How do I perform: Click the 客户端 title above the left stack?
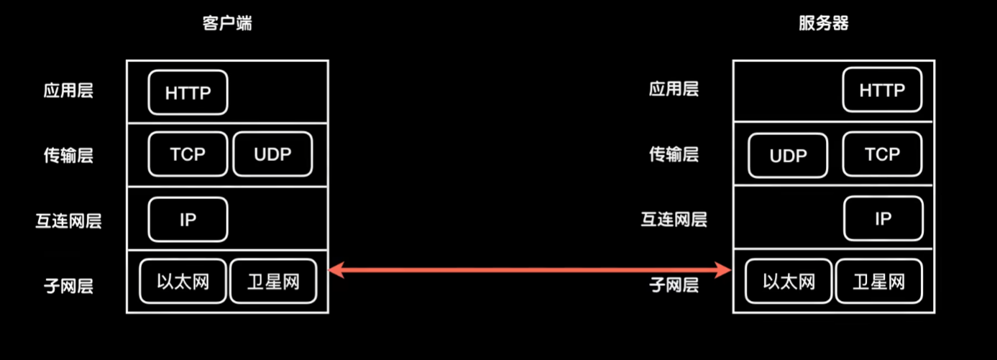tap(227, 23)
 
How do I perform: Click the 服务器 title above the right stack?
tap(823, 23)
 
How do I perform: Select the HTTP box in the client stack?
tap(188, 92)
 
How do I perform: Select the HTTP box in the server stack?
tap(882, 90)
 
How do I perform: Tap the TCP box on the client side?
tap(188, 154)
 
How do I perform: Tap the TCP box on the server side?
tap(882, 154)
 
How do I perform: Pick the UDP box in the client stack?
tap(273, 154)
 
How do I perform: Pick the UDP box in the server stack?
tap(788, 155)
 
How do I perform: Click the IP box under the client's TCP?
tap(188, 219)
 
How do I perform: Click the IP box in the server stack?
tap(883, 218)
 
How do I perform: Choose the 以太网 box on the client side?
tap(183, 281)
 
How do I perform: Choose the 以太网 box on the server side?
tap(789, 281)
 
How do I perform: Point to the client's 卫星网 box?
tap(273, 281)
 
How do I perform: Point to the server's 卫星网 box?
tap(878, 281)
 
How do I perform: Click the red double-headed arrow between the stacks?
tap(530, 270)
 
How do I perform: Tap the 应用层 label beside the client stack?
tap(68, 91)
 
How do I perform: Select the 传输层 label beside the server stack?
tap(674, 154)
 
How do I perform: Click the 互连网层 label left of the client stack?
tap(68, 220)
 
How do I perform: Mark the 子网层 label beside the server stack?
tap(674, 285)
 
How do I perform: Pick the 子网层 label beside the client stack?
tap(68, 285)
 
